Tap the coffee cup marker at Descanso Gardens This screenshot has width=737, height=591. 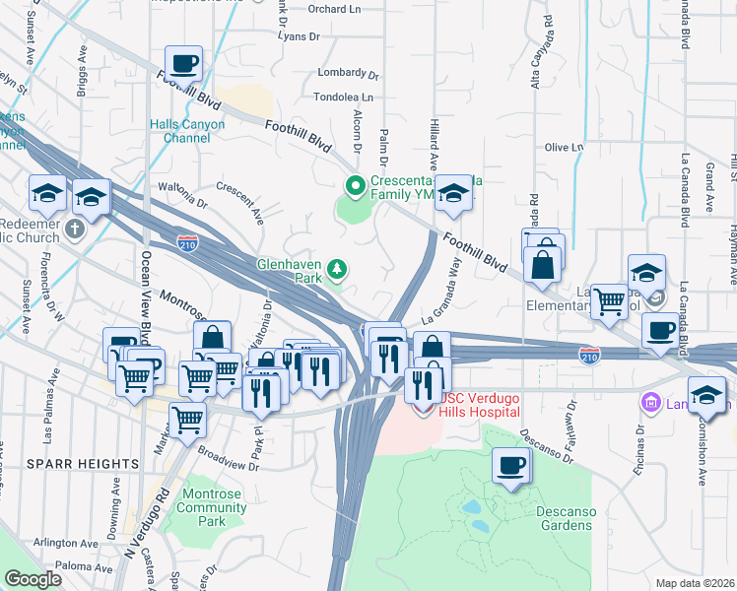coord(510,465)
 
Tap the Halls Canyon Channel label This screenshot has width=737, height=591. coord(187,131)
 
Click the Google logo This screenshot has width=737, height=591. coord(33,579)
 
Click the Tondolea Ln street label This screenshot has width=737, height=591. coord(344,98)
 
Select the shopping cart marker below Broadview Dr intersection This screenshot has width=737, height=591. coord(187,421)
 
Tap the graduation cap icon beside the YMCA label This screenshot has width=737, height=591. coord(454,193)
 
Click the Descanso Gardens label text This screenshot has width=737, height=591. coord(564,518)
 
